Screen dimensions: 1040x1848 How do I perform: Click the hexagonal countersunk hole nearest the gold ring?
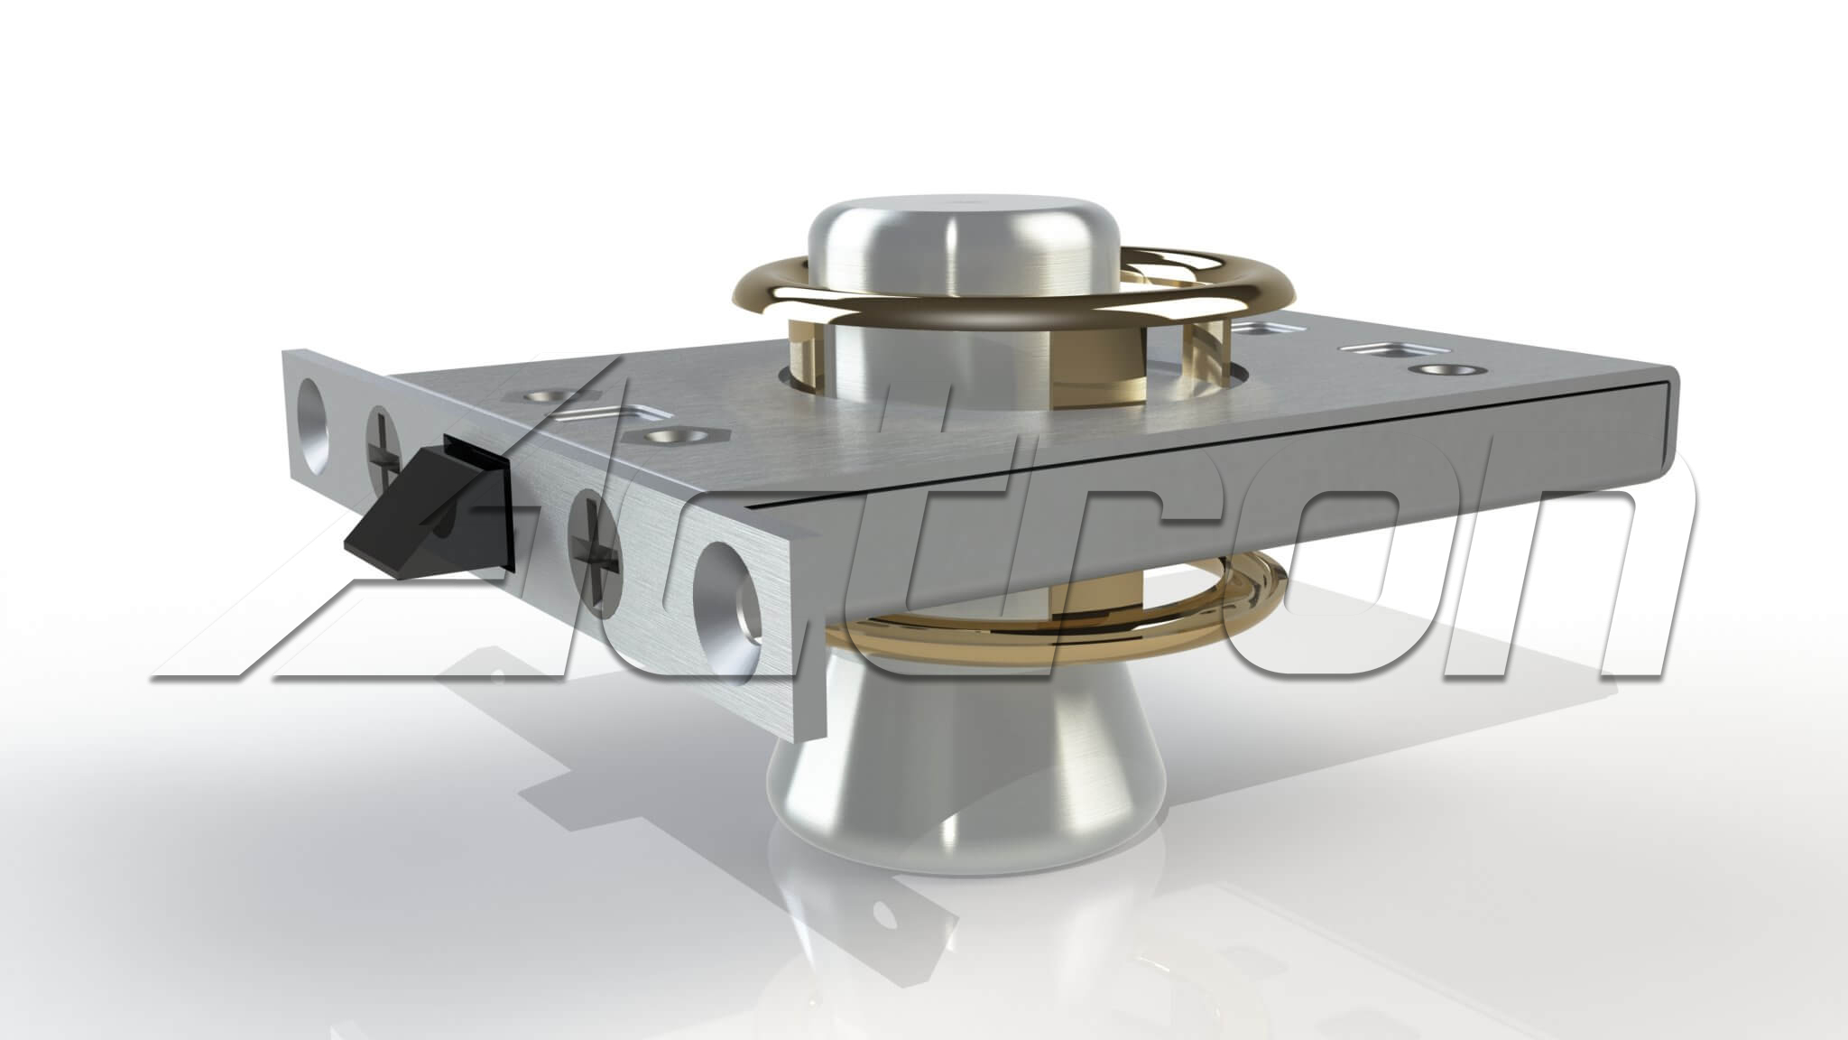coord(669,436)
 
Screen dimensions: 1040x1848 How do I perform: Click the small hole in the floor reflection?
coord(889,916)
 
